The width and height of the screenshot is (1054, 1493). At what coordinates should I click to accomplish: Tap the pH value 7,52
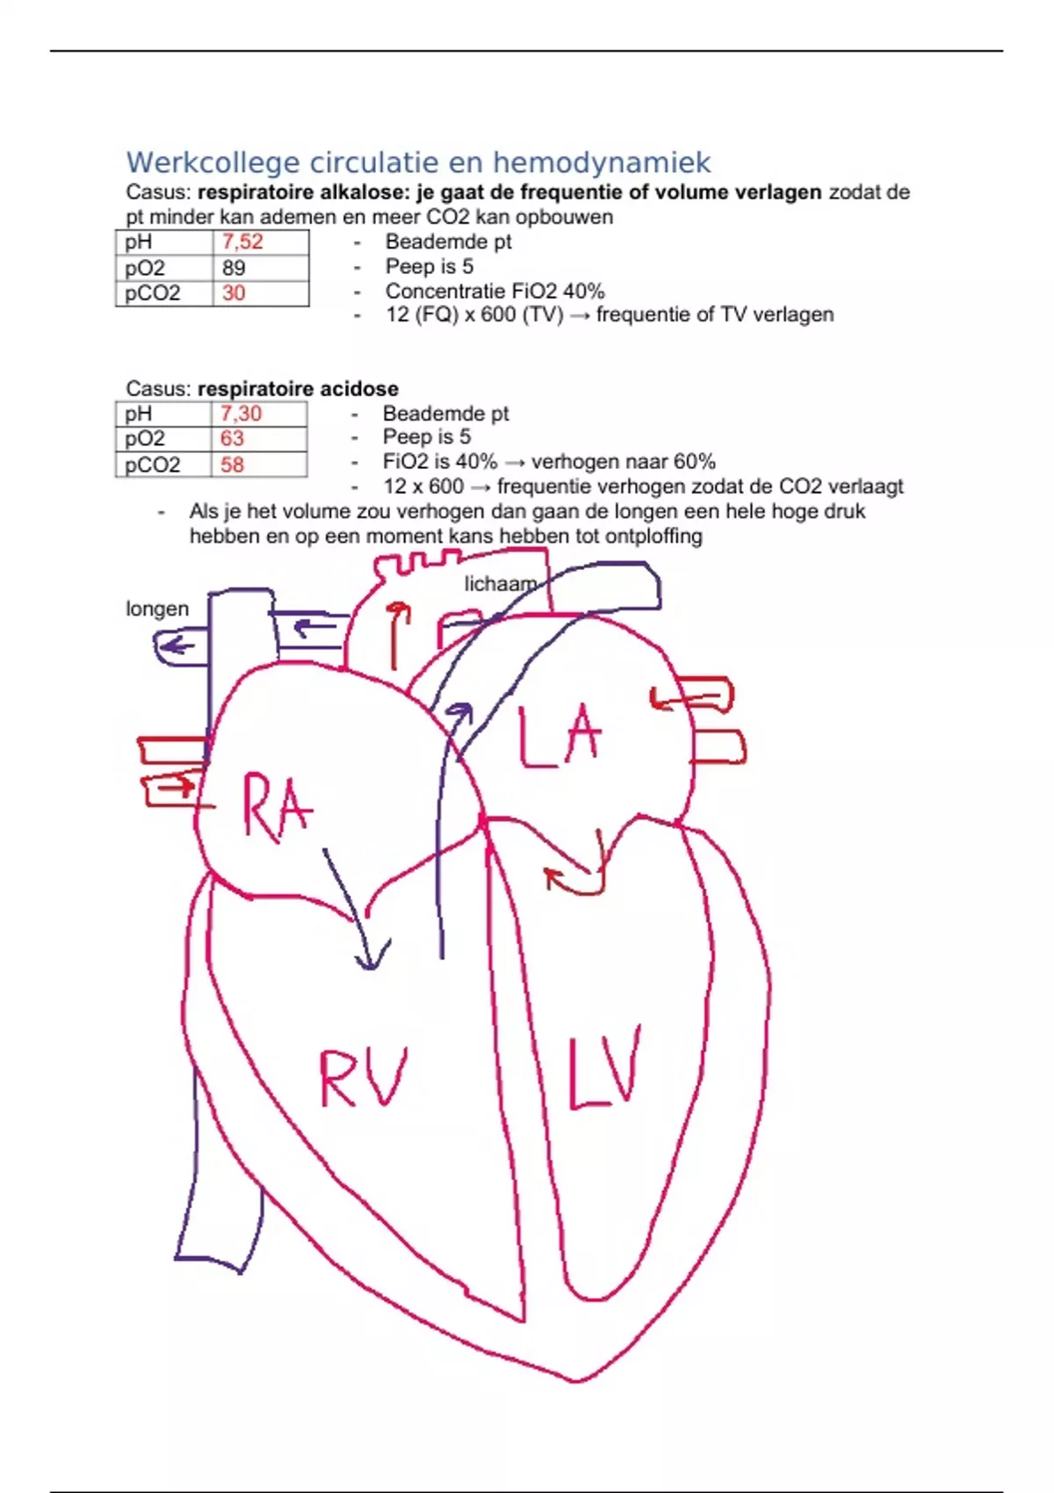click(x=242, y=242)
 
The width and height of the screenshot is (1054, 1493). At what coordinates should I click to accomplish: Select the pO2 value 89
click(x=234, y=268)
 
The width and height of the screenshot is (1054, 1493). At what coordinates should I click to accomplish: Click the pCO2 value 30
click(x=234, y=293)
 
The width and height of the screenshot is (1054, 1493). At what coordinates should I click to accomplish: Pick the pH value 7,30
click(x=241, y=414)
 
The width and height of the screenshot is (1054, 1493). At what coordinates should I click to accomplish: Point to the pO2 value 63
click(x=232, y=438)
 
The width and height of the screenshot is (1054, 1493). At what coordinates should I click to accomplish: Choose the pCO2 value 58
click(x=232, y=465)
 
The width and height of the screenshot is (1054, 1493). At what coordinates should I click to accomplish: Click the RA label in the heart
click(x=277, y=808)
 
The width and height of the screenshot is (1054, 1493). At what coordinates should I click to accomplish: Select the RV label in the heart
click(x=363, y=1077)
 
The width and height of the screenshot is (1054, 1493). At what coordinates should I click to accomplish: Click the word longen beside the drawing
click(x=157, y=609)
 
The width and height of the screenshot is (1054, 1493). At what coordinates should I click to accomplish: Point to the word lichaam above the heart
click(x=500, y=584)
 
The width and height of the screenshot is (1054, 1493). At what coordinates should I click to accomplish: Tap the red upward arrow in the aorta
click(x=399, y=634)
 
